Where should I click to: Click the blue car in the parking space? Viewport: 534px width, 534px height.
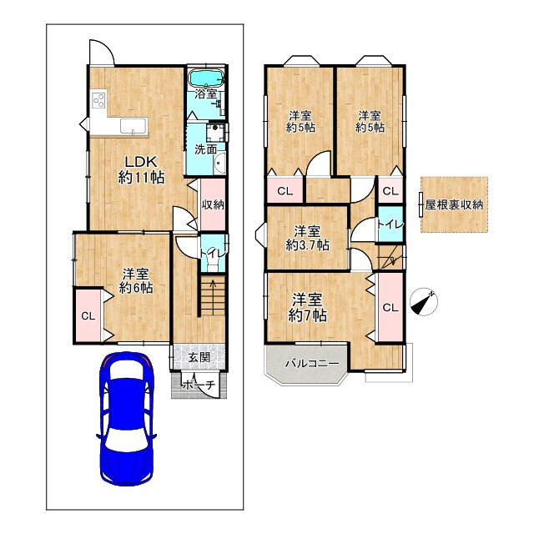pos(127,419)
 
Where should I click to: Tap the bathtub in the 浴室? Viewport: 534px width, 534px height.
pos(206,78)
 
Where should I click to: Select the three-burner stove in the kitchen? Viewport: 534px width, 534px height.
pos(98,99)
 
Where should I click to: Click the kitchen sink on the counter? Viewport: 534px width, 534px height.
pos(134,126)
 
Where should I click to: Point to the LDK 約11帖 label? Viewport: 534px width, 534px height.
pos(141,169)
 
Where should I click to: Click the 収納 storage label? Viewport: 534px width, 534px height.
pos(213,204)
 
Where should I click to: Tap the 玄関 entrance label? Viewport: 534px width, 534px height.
pos(199,357)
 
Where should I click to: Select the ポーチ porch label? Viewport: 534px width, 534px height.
pos(199,385)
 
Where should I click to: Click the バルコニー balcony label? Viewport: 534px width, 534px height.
pos(312,364)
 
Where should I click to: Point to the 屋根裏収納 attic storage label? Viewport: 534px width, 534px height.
pos(454,204)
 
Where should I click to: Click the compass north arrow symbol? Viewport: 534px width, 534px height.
pos(424,302)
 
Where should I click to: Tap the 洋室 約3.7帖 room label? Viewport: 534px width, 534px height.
pos(307,238)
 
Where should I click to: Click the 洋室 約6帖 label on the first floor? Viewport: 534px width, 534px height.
pos(136,281)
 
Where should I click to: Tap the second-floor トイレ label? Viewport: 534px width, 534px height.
pos(390,224)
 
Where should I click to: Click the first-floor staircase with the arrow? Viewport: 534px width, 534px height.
pos(213,295)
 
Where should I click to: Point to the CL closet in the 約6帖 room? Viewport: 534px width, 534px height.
pos(88,316)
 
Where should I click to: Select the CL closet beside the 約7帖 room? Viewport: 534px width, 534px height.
pos(390,308)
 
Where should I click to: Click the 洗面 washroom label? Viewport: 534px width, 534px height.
pos(206,149)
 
